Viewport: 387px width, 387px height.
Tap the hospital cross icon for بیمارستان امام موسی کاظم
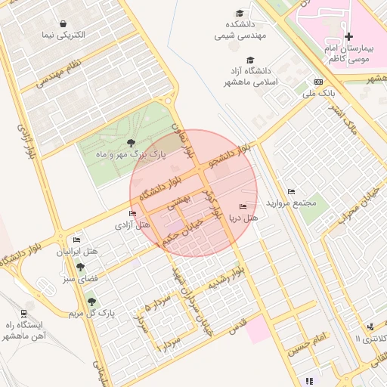click(348, 36)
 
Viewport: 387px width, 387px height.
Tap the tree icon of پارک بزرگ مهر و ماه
click(132, 142)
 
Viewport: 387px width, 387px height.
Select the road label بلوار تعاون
click(182, 141)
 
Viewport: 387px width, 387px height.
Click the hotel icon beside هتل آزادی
click(133, 214)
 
